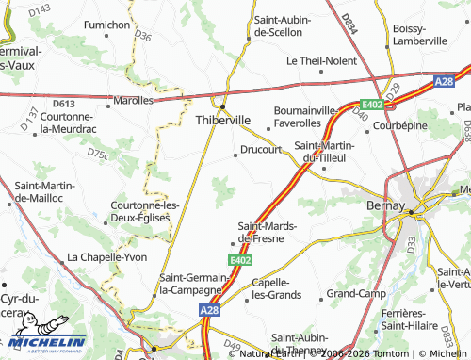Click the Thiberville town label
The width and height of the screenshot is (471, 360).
[222, 120]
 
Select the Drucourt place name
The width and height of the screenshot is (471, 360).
[262, 149]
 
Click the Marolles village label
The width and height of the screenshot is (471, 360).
[133, 99]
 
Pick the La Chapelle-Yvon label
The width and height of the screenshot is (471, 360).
[106, 256]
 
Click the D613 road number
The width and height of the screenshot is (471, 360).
[64, 104]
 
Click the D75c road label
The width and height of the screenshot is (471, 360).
[97, 152]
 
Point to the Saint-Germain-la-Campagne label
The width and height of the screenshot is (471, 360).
[194, 283]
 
